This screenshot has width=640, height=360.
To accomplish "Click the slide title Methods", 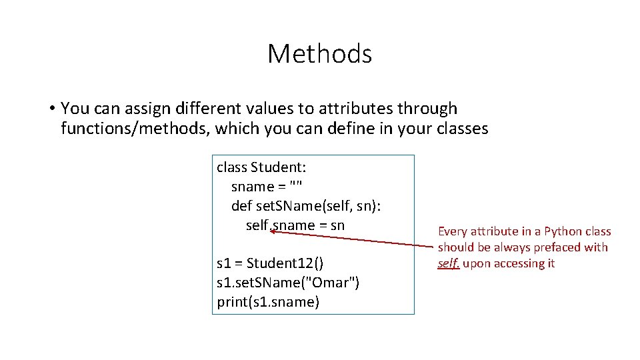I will (x=319, y=53).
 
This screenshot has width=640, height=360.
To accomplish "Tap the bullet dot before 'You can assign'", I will (x=51, y=108).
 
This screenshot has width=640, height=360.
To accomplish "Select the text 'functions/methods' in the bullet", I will (x=135, y=129).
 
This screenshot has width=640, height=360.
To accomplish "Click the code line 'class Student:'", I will (x=261, y=167).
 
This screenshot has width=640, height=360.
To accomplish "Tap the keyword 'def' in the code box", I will (x=241, y=206).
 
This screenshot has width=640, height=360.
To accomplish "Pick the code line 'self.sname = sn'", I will (x=295, y=225).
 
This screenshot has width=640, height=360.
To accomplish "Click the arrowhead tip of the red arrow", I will (x=272, y=231).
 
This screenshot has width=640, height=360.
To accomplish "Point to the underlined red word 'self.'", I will (x=449, y=263).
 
